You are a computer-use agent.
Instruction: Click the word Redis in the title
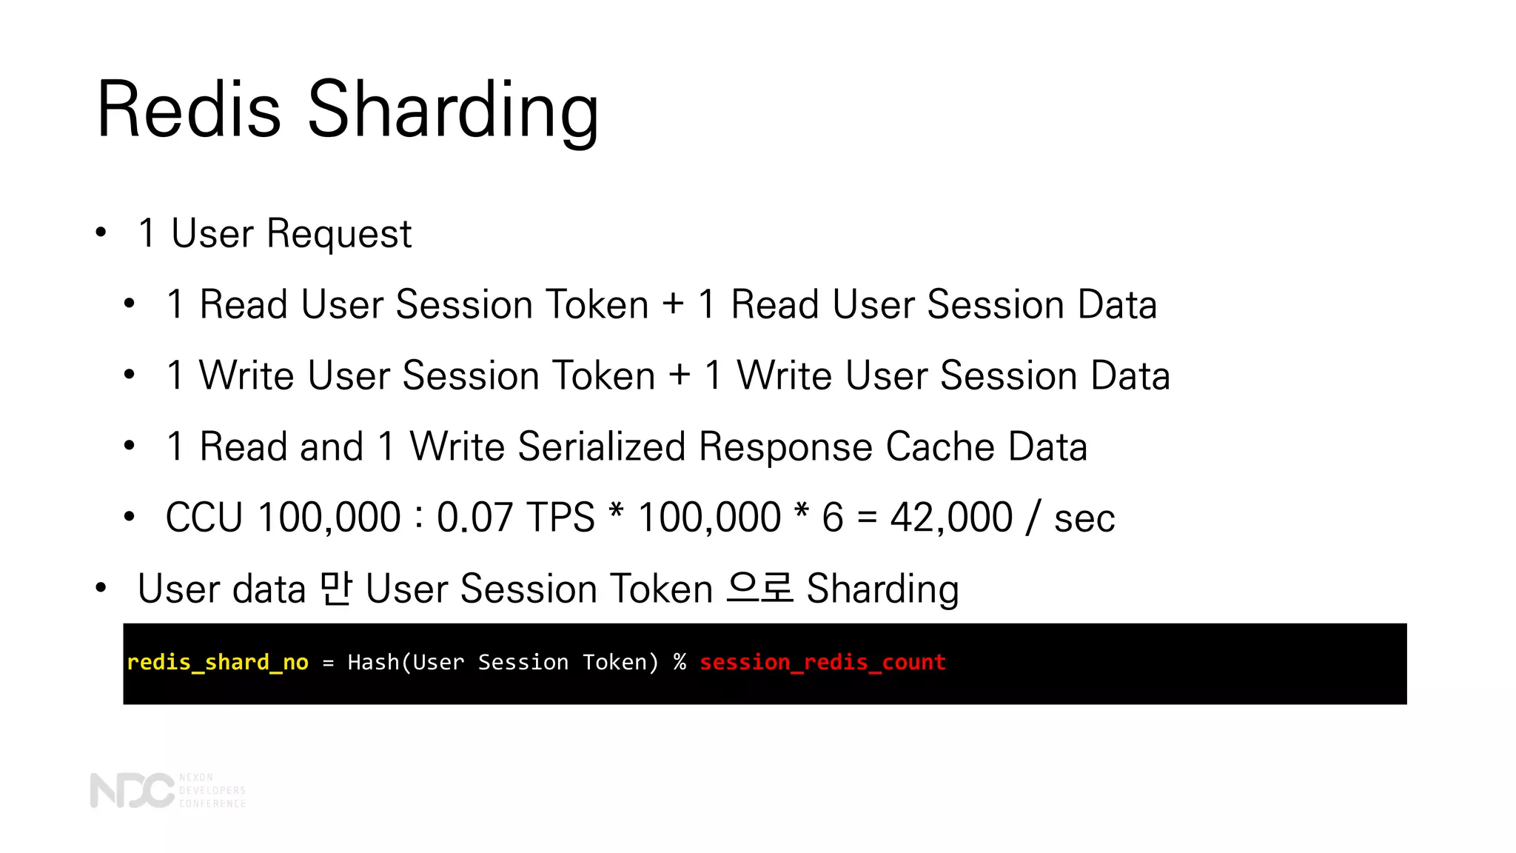189,110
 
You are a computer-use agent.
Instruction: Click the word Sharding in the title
452,111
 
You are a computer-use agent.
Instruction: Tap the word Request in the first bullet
338,234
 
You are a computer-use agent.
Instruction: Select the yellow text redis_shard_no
218,662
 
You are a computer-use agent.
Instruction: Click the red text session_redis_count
822,662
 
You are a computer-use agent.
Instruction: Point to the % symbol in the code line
680,662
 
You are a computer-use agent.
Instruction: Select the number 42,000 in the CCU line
951,517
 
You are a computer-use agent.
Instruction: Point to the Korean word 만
335,589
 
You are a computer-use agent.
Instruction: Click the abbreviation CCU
204,517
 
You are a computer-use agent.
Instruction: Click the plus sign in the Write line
680,375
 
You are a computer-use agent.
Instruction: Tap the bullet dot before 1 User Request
101,234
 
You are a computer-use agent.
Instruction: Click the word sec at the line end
1084,518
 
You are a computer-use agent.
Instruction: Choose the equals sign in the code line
328,663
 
